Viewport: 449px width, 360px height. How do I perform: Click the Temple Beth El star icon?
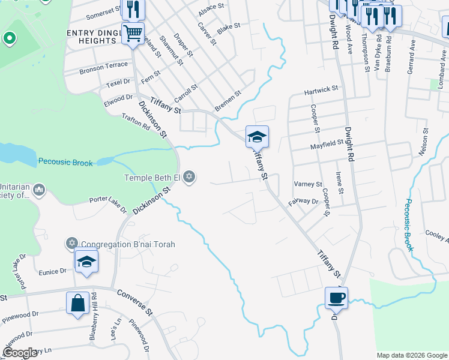pyautogui.click(x=190, y=177)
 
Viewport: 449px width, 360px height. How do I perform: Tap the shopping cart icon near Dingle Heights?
pyautogui.click(x=133, y=32)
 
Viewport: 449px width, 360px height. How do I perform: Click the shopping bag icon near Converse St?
pyautogui.click(x=78, y=302)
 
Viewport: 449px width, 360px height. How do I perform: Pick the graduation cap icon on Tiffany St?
pyautogui.click(x=257, y=137)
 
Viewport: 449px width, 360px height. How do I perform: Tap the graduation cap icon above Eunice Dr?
pyautogui.click(x=86, y=262)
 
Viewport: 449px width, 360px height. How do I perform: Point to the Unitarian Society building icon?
pyautogui.click(x=40, y=190)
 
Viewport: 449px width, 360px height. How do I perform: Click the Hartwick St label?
pyautogui.click(x=321, y=91)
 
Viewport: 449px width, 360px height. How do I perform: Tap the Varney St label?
pyautogui.click(x=308, y=184)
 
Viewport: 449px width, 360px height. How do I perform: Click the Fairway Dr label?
pyautogui.click(x=303, y=201)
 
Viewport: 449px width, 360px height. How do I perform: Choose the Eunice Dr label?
pyautogui.click(x=53, y=271)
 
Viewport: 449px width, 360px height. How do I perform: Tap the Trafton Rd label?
pyautogui.click(x=135, y=122)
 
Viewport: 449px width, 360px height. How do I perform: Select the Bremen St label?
pyautogui.click(x=228, y=100)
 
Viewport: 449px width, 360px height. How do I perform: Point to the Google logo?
pyautogui.click(x=20, y=353)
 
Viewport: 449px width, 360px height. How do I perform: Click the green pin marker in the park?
pyautogui.click(x=9, y=39)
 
